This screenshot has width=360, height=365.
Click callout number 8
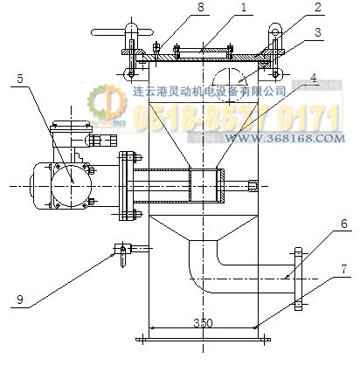[201, 7]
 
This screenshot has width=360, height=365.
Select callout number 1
[244, 7]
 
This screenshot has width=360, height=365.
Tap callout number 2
[317, 7]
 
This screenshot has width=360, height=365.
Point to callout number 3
[318, 32]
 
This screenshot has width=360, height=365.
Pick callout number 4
[314, 78]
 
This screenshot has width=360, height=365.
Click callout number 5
[20, 79]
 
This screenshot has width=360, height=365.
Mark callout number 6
[344, 224]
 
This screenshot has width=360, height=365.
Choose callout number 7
[344, 269]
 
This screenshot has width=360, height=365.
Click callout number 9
[20, 300]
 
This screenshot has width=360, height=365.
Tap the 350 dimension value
[203, 323]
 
